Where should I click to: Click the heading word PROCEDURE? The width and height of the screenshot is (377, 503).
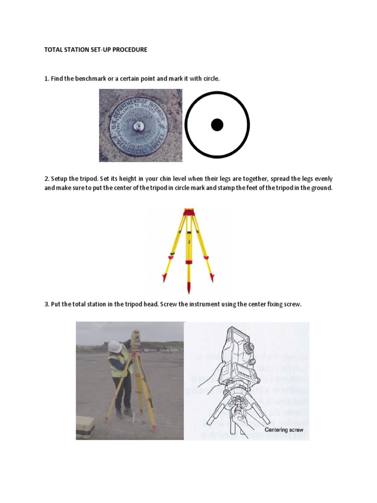pyautogui.click(x=130, y=50)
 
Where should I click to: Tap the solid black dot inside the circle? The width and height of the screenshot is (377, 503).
pyautogui.click(x=217, y=125)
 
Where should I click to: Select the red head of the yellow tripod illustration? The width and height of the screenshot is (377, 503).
pyautogui.click(x=188, y=213)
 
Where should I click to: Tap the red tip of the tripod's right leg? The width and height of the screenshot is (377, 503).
pyautogui.click(x=212, y=278)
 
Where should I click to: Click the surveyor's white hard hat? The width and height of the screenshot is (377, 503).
pyautogui.click(x=115, y=346)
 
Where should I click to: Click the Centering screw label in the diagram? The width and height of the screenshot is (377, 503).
pyautogui.click(x=284, y=430)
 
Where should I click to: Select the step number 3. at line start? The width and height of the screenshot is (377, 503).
pyautogui.click(x=47, y=305)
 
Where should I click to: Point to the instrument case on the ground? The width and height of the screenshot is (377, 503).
pyautogui.click(x=84, y=427)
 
